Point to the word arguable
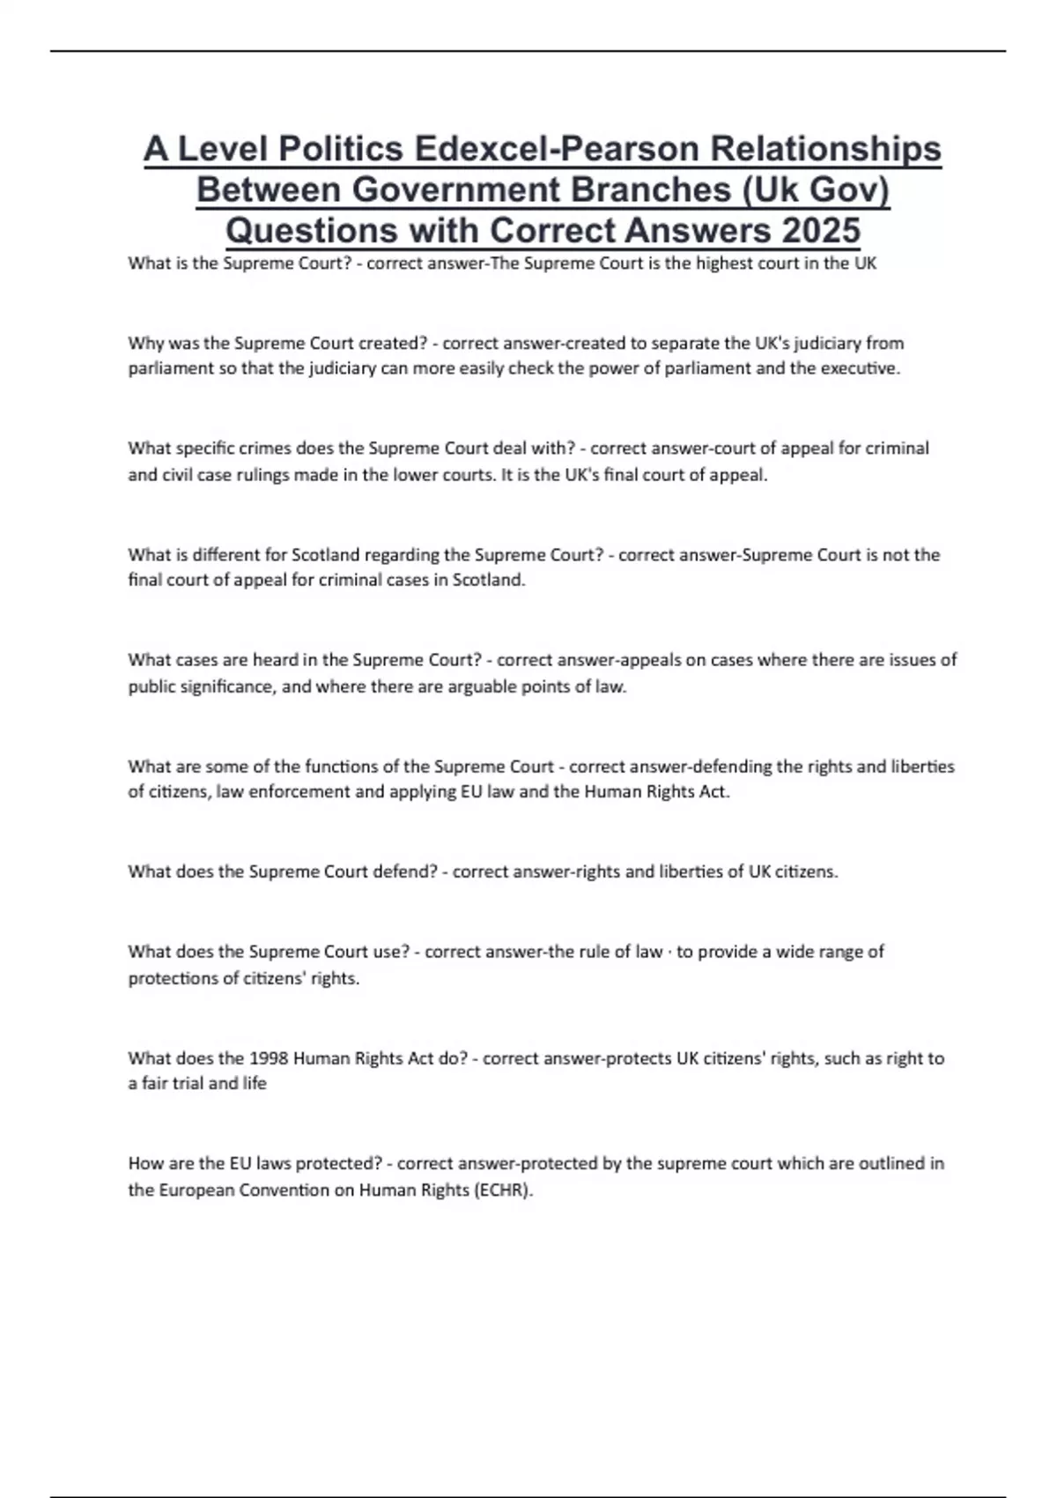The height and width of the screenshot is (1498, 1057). pos(455,686)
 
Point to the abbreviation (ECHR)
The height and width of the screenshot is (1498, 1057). pos(503,1190)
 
